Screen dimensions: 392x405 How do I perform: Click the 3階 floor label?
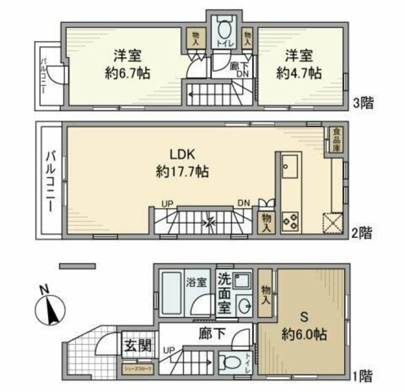[x=362, y=103]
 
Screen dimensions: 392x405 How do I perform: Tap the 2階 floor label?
[x=362, y=233]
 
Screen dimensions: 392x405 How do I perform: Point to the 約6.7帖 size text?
[x=127, y=72]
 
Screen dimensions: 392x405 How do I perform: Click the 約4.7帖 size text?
[x=299, y=72]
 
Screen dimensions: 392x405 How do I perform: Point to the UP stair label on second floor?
[x=167, y=203]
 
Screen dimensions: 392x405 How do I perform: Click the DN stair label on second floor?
[x=244, y=203]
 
